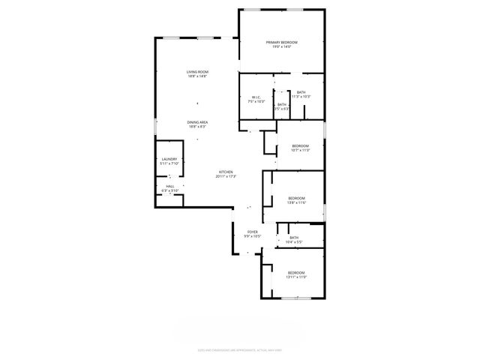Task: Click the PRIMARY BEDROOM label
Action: (282, 42)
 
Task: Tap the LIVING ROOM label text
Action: (197, 71)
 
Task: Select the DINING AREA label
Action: (197, 122)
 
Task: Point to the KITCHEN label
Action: (226, 172)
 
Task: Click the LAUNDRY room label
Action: (169, 159)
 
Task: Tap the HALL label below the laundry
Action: (169, 186)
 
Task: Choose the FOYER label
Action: (251, 232)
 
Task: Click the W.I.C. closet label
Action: (256, 97)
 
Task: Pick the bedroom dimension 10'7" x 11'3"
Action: (300, 150)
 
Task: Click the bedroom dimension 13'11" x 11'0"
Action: (296, 277)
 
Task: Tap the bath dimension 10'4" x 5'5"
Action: (294, 242)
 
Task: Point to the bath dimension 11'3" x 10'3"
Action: (301, 97)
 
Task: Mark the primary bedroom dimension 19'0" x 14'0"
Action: (282, 47)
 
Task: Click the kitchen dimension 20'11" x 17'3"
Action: (226, 177)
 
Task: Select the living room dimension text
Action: (197, 76)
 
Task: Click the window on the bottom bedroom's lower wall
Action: (294, 298)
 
